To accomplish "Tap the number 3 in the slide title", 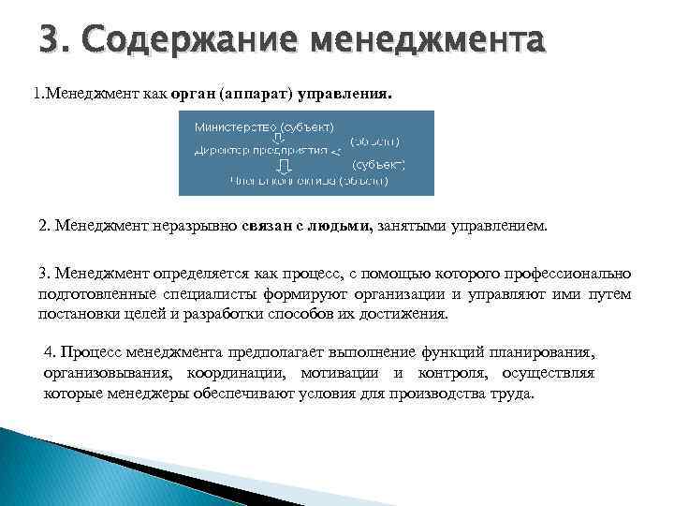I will point(51,40).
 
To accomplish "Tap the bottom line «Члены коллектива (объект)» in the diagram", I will point(308,182).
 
